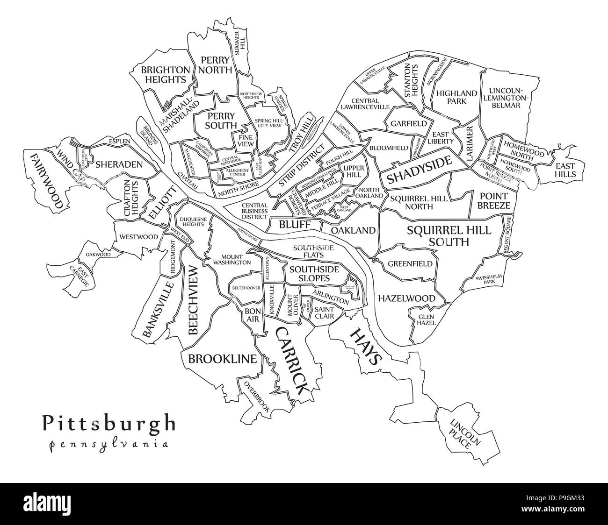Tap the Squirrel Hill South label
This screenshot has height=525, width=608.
pyautogui.click(x=449, y=236)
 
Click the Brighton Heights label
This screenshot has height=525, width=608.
pyautogui.click(x=159, y=75)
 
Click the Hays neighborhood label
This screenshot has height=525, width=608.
pyautogui.click(x=365, y=346)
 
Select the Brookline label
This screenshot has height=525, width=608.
pyautogui.click(x=222, y=359)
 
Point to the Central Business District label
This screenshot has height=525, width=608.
pyautogui.click(x=255, y=211)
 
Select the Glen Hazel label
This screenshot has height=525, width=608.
pyautogui.click(x=427, y=319)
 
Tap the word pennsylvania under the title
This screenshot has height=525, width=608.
pyautogui.click(x=109, y=444)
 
